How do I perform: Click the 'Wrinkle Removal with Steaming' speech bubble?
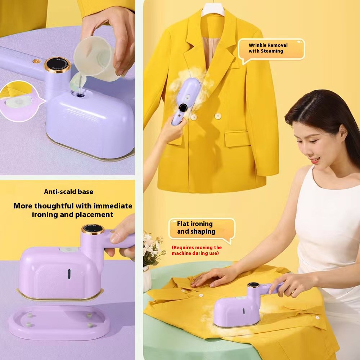point(271,50)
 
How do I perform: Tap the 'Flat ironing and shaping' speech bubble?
point(202,229)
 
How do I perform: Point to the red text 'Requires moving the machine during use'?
point(197,250)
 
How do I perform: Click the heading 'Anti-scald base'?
point(69,192)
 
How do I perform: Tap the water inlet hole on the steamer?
point(80,94)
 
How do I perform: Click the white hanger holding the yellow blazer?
point(213,9)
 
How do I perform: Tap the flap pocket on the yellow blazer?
point(237,138)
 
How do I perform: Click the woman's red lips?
point(315,160)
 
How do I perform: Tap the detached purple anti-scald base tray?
point(59,322)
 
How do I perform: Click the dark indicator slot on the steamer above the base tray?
point(69,274)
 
